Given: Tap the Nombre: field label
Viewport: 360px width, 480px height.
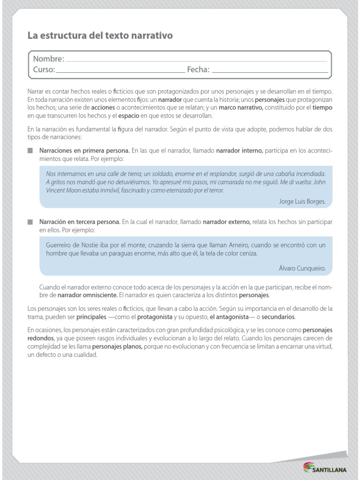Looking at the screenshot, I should click(x=48, y=59).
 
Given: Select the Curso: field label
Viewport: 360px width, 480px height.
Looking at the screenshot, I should click(x=44, y=70).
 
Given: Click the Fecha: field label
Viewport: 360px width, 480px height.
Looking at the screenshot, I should click(x=198, y=70).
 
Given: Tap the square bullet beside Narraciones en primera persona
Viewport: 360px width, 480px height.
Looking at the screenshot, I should click(x=30, y=151).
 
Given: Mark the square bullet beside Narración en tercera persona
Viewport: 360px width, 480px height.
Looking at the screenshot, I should click(x=30, y=221).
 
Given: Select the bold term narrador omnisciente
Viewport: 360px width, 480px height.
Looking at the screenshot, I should click(x=87, y=296).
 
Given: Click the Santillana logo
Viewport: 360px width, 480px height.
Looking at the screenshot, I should click(x=325, y=467).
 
